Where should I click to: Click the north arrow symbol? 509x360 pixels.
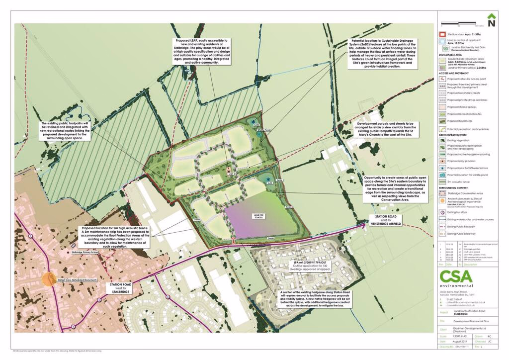pyautogui.click(x=491, y=21)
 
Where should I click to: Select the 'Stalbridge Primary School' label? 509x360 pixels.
pyautogui.click(x=85, y=253)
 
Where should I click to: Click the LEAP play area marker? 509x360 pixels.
pyautogui.click(x=230, y=171)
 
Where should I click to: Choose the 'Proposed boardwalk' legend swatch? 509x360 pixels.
pyautogui.click(x=443, y=121)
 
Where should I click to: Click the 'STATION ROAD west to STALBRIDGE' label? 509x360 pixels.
pyautogui.click(x=122, y=287)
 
